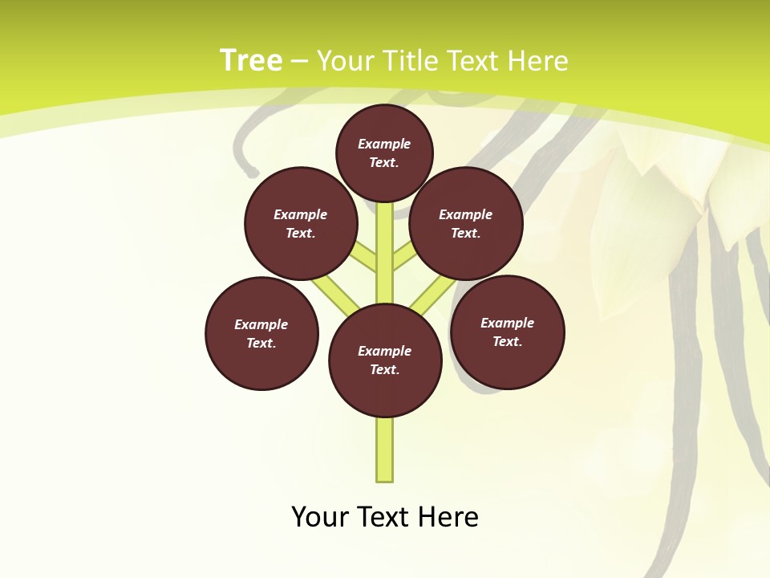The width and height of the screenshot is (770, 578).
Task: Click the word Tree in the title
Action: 251,61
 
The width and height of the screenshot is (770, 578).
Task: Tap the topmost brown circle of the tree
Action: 384,153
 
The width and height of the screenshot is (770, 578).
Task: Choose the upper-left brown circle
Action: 301,223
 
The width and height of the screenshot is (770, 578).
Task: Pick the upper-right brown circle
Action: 466,223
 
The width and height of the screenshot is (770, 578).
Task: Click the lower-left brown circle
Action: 261,333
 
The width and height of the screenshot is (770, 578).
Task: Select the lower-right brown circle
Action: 508,332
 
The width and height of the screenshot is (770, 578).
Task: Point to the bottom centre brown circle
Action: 385,360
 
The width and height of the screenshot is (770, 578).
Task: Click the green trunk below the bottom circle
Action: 385,450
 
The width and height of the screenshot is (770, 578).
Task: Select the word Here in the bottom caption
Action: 448,517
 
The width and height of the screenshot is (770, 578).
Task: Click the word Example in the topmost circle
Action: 384,144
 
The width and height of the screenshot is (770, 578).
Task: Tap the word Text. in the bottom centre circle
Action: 384,370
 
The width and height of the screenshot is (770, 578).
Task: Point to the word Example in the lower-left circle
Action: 261,325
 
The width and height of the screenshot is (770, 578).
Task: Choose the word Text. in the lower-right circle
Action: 508,342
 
